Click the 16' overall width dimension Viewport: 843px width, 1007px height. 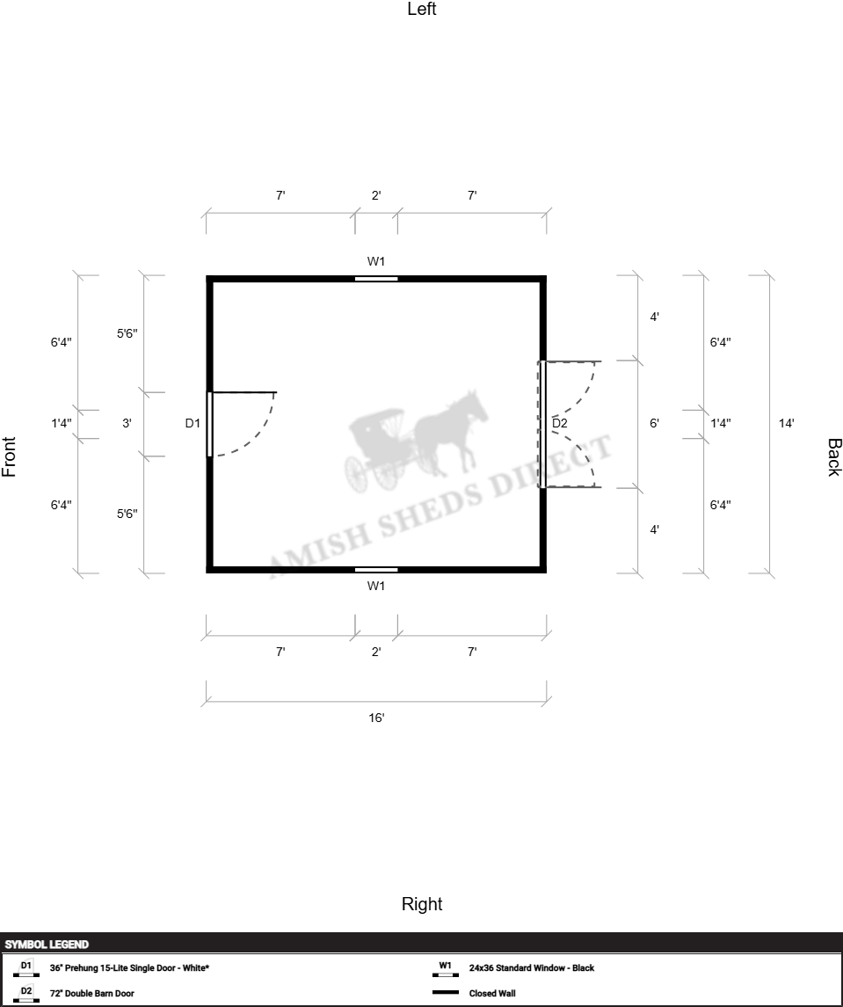click(376, 718)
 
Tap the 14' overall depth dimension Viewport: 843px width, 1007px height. click(787, 423)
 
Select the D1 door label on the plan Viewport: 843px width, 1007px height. click(193, 423)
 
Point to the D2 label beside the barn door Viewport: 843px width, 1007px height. click(560, 423)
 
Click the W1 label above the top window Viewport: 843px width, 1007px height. click(376, 261)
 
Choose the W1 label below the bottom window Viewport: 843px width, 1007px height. click(376, 586)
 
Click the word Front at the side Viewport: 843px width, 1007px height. click(9, 456)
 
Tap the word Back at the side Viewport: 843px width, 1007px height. click(834, 457)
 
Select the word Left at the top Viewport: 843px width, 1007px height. click(422, 9)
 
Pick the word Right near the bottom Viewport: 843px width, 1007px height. click(422, 904)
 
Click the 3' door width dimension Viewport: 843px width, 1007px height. click(127, 423)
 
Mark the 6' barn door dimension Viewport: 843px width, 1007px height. click(654, 423)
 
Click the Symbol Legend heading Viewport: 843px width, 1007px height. click(47, 945)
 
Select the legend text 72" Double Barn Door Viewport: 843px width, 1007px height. click(91, 994)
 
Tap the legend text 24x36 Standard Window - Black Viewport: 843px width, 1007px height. click(532, 967)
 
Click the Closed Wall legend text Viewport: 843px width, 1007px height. click(491, 994)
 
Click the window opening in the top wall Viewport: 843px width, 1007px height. click(376, 279)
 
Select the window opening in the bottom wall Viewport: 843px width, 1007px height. click(376, 570)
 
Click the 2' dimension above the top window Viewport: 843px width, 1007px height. click(376, 195)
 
